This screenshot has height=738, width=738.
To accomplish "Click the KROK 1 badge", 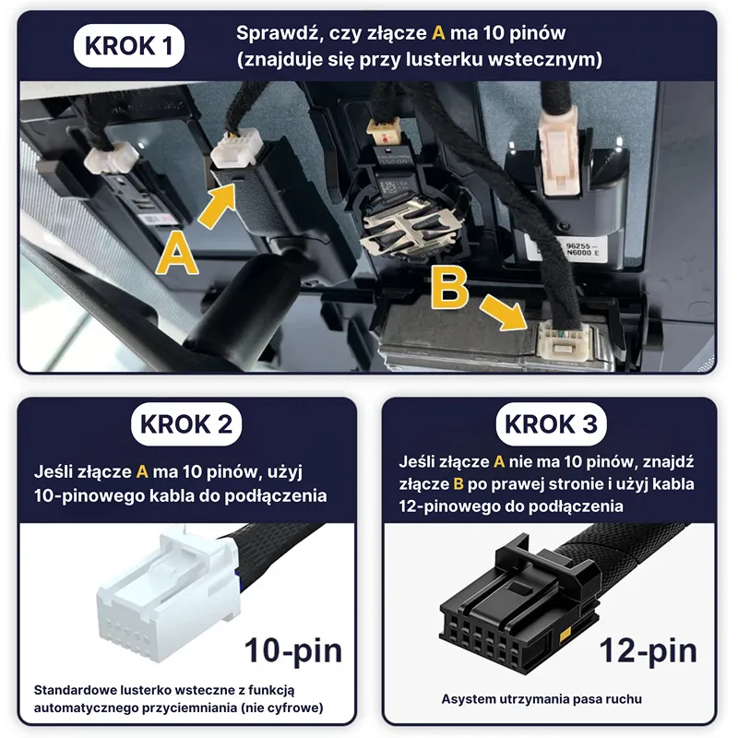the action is click(128, 45).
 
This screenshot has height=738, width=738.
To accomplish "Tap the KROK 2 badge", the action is click(186, 424).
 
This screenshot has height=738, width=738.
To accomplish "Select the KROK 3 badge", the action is click(551, 424).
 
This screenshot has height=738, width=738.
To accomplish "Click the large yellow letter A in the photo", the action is click(176, 255).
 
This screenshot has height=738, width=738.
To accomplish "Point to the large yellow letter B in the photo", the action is click(449, 288).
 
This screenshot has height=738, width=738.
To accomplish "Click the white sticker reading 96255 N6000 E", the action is click(581, 249).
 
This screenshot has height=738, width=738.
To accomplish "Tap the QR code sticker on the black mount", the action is click(391, 186).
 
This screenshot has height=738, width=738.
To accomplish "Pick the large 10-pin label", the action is click(293, 651).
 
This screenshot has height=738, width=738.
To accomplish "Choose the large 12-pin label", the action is click(649, 651).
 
